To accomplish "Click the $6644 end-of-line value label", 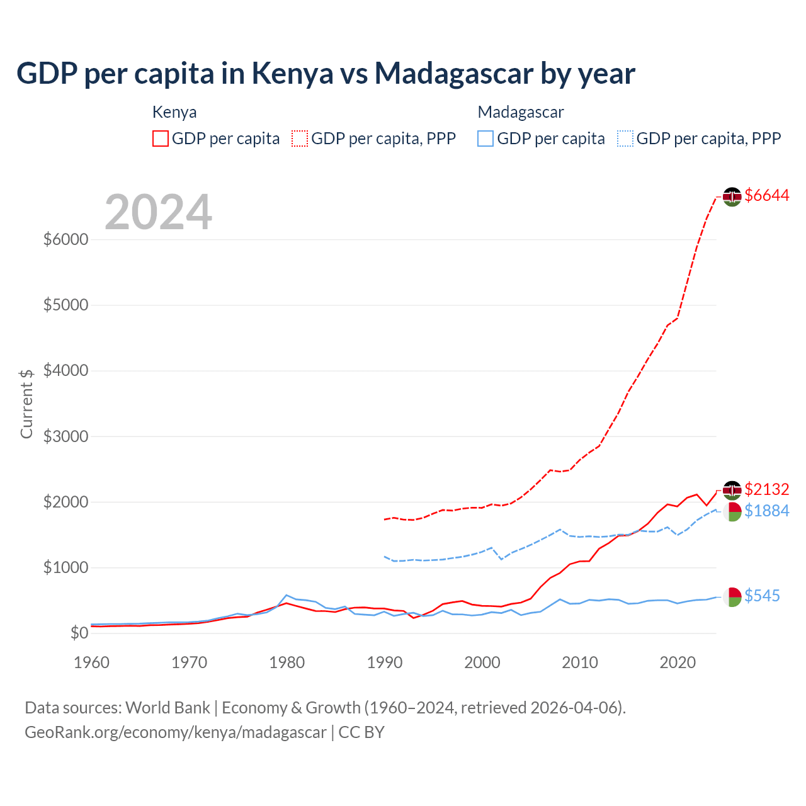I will (766, 196).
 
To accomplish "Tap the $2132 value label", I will (766, 489).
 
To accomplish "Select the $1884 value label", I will (766, 511).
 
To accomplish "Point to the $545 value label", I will (762, 596).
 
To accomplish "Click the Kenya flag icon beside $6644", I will (732, 196).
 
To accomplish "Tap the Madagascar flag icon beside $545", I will (732, 596).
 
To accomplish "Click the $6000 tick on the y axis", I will (65, 240).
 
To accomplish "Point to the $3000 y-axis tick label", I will (65, 436).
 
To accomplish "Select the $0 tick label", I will (78, 633).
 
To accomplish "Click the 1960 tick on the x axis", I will (92, 662).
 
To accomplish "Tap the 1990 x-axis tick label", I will (385, 662).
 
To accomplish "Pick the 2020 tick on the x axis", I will (678, 662).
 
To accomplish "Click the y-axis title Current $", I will (26, 404).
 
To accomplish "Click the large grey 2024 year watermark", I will (158, 212).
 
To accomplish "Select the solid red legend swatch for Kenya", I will (161, 139).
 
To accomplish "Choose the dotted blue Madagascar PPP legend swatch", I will (625, 139).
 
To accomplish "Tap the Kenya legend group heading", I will (174, 112).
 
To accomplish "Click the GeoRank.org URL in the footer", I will (176, 732).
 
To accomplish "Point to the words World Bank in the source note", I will (167, 708).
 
